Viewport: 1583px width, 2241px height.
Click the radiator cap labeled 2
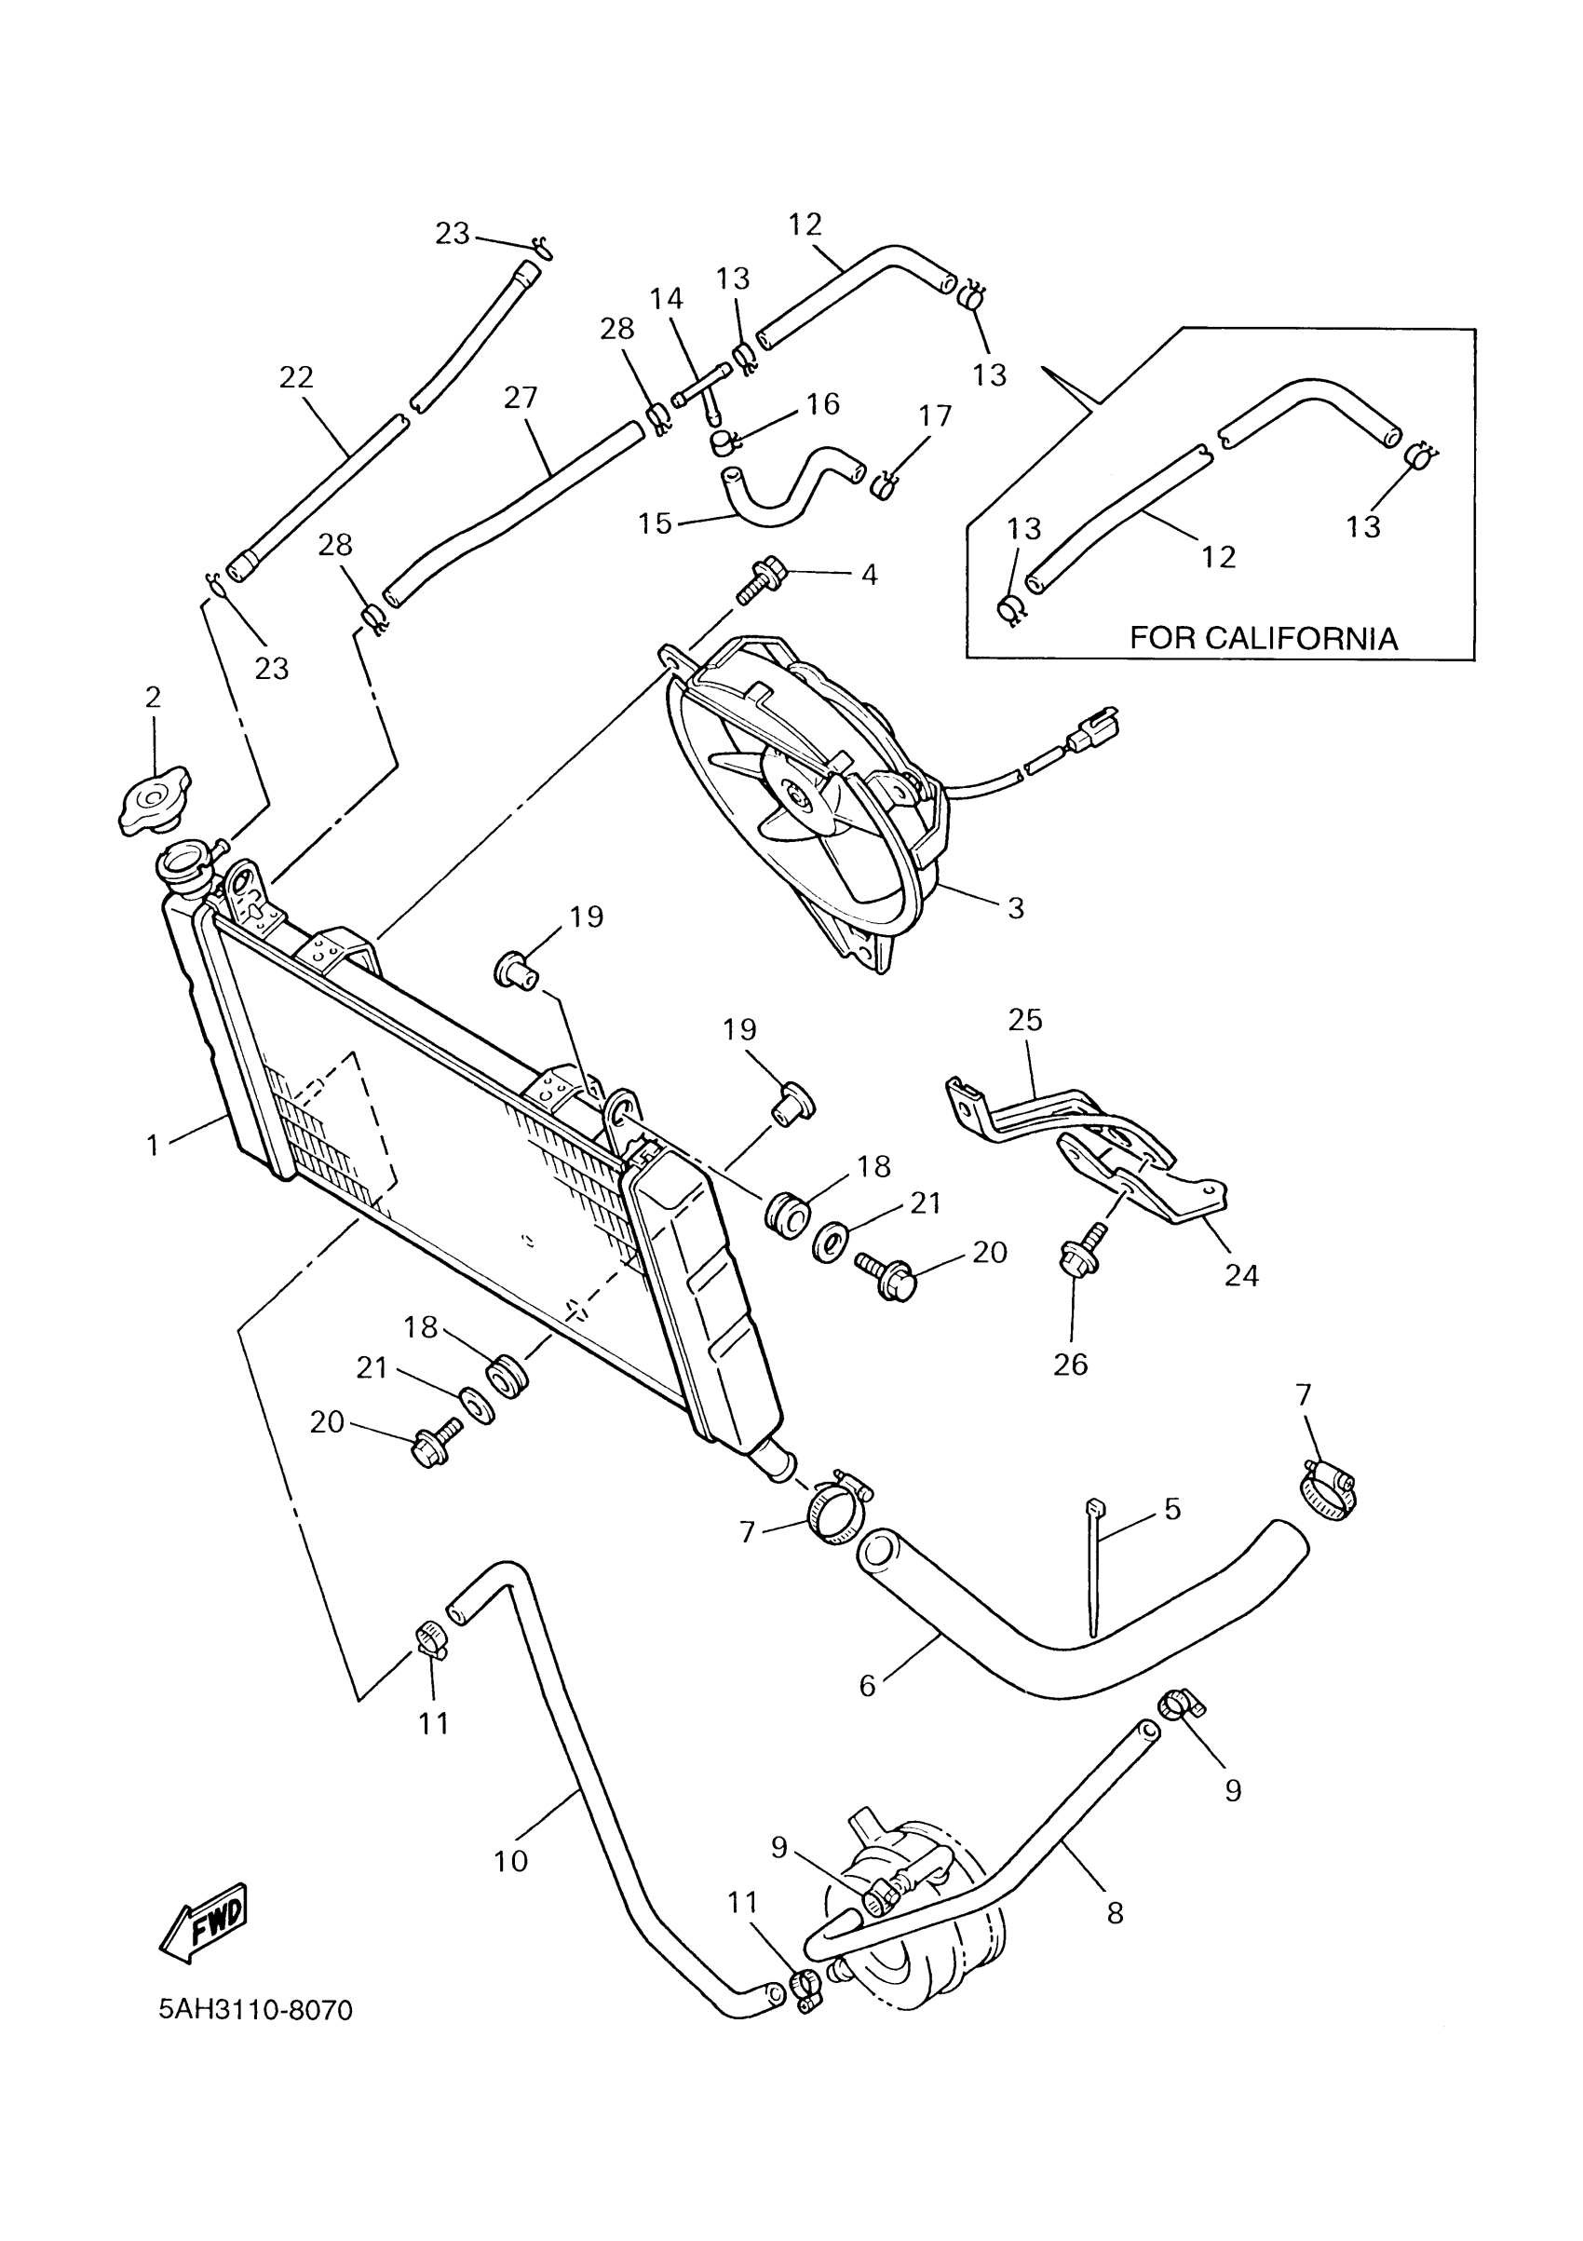pyautogui.click(x=154, y=802)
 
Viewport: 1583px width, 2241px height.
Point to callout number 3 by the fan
pyautogui.click(x=1015, y=908)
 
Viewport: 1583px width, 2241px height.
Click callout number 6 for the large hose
pyautogui.click(x=868, y=1687)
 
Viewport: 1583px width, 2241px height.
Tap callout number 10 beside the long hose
pyautogui.click(x=510, y=1861)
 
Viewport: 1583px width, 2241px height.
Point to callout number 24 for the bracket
pyautogui.click(x=1241, y=1275)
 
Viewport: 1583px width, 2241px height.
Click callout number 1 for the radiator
pyautogui.click(x=153, y=1145)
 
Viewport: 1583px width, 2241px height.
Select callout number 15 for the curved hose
pyautogui.click(x=655, y=524)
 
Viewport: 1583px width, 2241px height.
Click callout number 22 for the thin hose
pyautogui.click(x=296, y=376)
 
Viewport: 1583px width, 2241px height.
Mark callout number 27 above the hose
pyautogui.click(x=521, y=397)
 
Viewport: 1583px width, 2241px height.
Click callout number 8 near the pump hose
pyautogui.click(x=1116, y=1912)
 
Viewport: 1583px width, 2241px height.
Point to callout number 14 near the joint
pyautogui.click(x=667, y=299)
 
